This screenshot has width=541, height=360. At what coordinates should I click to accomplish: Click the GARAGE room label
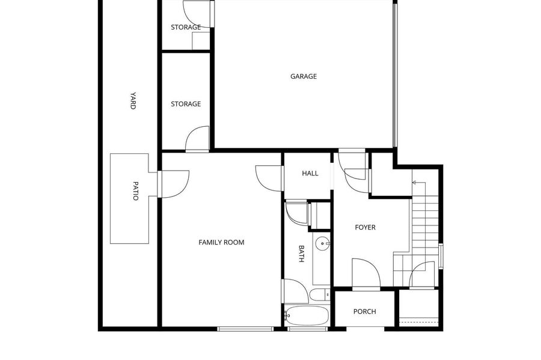pos(304,76)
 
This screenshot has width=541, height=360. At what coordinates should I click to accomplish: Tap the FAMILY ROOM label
pos(221,242)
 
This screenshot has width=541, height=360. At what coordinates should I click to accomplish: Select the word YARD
pos(133,101)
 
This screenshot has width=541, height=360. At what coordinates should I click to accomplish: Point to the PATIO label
pos(135,191)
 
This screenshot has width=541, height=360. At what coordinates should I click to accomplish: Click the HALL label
pos(310,173)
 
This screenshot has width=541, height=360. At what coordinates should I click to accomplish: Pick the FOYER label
pos(365,227)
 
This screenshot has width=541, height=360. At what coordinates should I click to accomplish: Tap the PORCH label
pos(364,311)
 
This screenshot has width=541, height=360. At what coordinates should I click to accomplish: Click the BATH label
pos(301,254)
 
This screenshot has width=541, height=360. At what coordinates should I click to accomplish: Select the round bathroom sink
pos(322,243)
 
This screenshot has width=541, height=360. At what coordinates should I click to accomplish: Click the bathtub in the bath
pos(307,315)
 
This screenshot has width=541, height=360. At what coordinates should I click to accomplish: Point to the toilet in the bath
pos(320,295)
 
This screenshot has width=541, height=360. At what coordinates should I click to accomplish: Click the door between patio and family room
pos(173,184)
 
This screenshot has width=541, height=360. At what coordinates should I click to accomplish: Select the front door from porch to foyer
pos(366,273)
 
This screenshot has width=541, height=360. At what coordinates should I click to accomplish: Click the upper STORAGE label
pos(186,27)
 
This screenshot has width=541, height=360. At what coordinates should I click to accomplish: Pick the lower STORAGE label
pos(186,104)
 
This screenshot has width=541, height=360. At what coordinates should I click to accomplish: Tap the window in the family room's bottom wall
pos(245,329)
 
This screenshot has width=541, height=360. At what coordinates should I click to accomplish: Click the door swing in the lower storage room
pos(197,139)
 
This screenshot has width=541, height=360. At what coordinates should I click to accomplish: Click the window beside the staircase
pos(441,256)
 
